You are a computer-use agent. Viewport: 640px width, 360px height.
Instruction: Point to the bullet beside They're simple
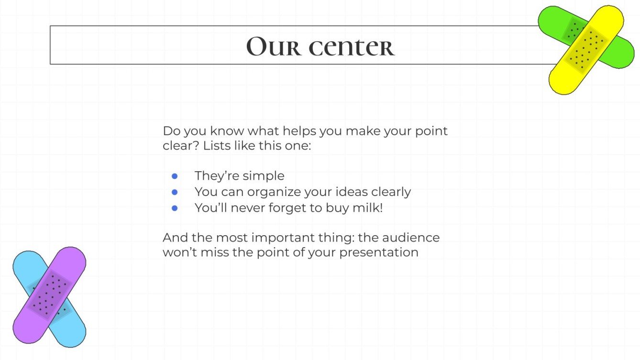pos(175,176)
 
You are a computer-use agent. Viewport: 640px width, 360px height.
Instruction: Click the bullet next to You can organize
pos(175,192)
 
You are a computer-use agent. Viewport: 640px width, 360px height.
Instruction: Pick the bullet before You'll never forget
pos(175,208)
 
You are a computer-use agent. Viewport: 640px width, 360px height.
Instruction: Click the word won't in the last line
pos(178,252)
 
